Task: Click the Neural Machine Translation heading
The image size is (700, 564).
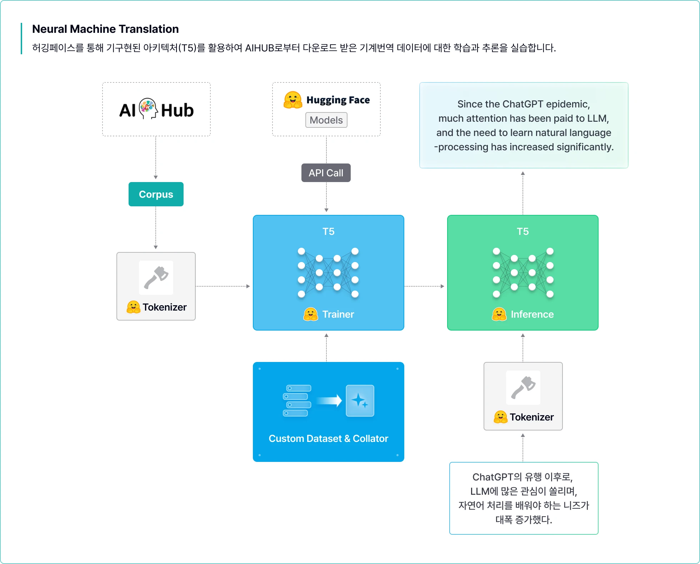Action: click(105, 29)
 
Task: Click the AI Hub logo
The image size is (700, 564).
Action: click(156, 110)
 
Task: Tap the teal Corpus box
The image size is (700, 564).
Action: click(156, 194)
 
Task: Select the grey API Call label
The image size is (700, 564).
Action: click(326, 173)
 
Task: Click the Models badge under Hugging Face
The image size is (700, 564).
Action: click(326, 120)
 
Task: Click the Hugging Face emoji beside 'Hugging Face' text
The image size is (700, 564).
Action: click(293, 100)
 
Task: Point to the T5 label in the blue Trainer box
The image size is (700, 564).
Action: click(328, 231)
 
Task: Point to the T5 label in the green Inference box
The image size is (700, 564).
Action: click(522, 231)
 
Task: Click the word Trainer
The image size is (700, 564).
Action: click(338, 314)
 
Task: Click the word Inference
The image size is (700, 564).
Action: click(532, 314)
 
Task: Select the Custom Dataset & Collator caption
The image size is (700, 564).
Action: click(328, 438)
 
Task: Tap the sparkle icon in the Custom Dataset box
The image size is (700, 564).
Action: click(360, 401)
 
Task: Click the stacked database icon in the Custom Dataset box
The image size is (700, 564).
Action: click(297, 401)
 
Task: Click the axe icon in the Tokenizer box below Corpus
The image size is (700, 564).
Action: click(156, 277)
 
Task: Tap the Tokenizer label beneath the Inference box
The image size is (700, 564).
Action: click(531, 417)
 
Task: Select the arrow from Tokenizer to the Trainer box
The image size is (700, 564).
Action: click(223, 286)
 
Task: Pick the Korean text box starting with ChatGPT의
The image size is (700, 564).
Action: click(524, 498)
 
